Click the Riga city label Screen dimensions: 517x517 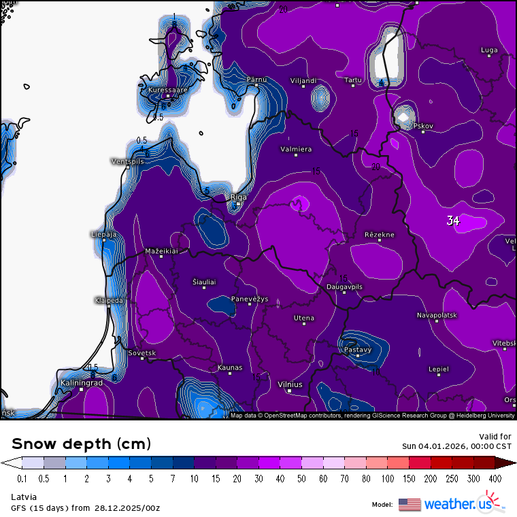[239, 197]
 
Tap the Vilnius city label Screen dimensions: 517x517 [290, 384]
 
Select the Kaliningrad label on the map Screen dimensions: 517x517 [82, 383]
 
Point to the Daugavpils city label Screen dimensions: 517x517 [344, 287]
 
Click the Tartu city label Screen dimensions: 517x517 [353, 80]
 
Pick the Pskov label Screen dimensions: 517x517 [423, 126]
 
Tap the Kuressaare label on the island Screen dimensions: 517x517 [167, 89]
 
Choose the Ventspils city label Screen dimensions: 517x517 [127, 161]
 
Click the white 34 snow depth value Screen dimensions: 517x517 [453, 220]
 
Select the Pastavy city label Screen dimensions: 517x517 [358, 350]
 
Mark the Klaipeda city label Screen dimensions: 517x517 [109, 300]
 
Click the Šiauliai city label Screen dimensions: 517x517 [204, 282]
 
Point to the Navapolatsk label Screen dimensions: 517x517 [437, 316]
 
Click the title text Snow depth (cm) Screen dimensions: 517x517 [81, 444]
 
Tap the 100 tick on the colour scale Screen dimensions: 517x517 [387, 479]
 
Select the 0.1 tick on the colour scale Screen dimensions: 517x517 [22, 479]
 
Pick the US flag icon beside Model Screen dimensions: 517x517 [410, 504]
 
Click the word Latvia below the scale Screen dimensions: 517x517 [24, 497]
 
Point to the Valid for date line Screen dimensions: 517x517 [456, 446]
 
